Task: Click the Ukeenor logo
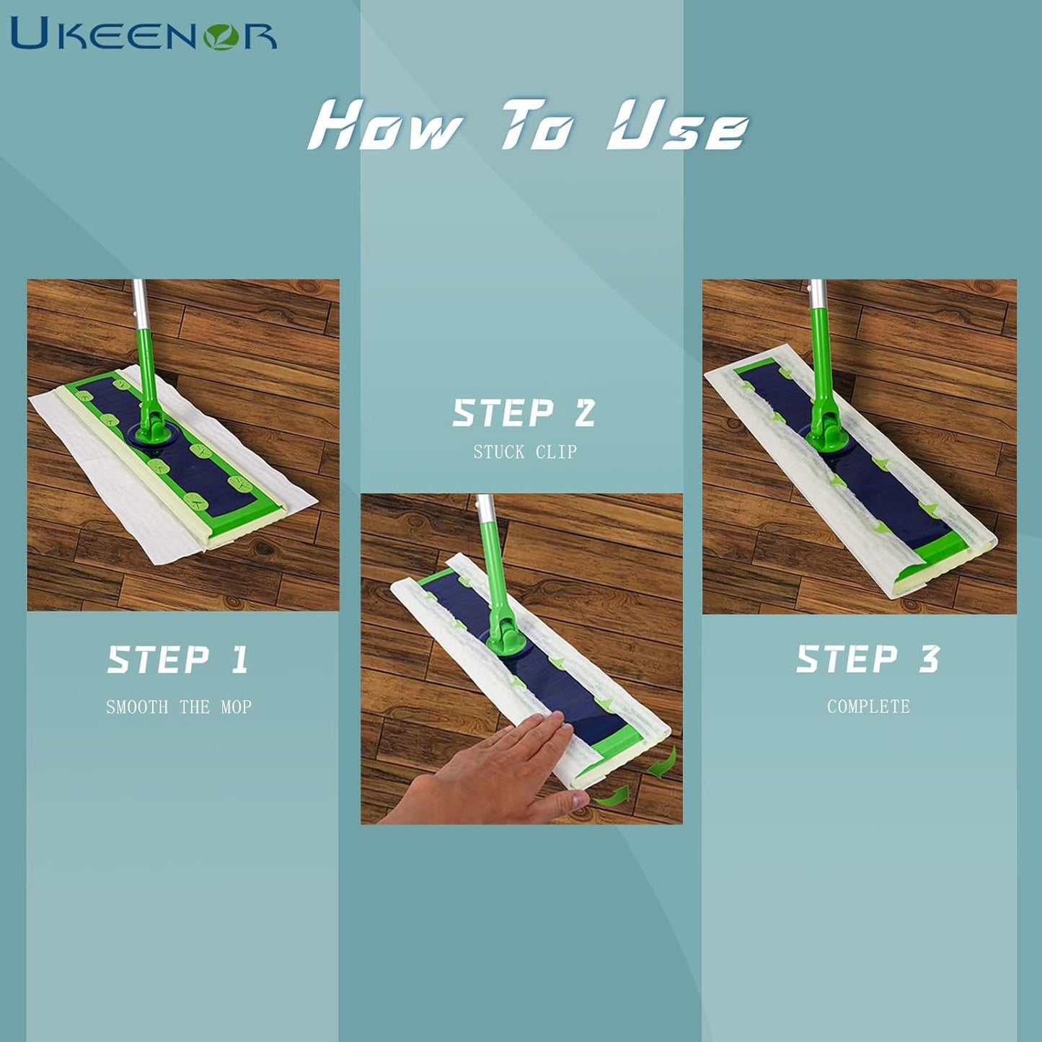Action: pos(144,33)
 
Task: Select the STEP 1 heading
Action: pos(178,660)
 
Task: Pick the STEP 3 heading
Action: pos(868,658)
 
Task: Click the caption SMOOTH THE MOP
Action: pos(179,707)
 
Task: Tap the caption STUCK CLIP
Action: pos(525,452)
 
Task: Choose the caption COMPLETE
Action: pos(868,706)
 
